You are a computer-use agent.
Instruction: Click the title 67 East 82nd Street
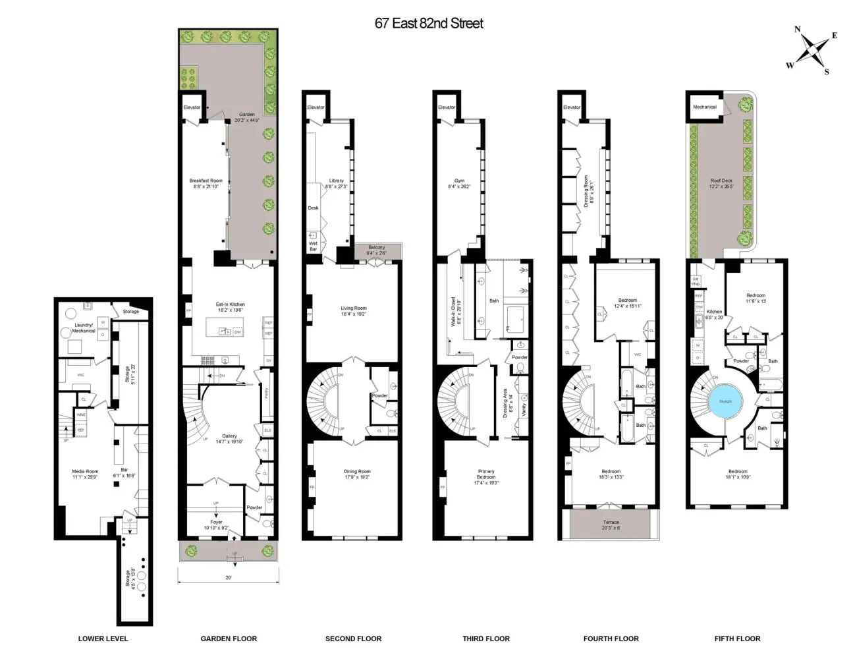click(429, 24)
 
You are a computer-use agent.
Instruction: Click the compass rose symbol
click(815, 49)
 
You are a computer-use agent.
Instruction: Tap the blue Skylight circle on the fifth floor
click(725, 401)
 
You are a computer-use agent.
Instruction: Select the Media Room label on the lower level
click(84, 471)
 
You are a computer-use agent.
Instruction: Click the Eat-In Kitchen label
click(230, 304)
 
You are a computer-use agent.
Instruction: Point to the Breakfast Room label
click(206, 181)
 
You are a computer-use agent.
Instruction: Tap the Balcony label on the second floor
click(377, 248)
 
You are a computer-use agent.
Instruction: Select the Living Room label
click(354, 308)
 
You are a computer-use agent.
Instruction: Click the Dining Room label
click(357, 471)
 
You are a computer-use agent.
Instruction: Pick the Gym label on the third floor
click(459, 181)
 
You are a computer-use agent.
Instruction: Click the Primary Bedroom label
click(486, 474)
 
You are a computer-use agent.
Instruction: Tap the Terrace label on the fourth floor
click(611, 522)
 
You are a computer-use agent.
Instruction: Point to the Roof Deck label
click(721, 181)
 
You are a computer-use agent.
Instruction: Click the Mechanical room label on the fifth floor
click(705, 107)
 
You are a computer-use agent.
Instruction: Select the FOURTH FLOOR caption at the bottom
click(611, 639)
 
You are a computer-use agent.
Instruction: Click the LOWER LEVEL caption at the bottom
click(103, 639)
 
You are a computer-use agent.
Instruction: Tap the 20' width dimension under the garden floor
click(228, 578)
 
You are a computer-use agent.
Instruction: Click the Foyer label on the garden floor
click(216, 522)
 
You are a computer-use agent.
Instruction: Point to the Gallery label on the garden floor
click(229, 436)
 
